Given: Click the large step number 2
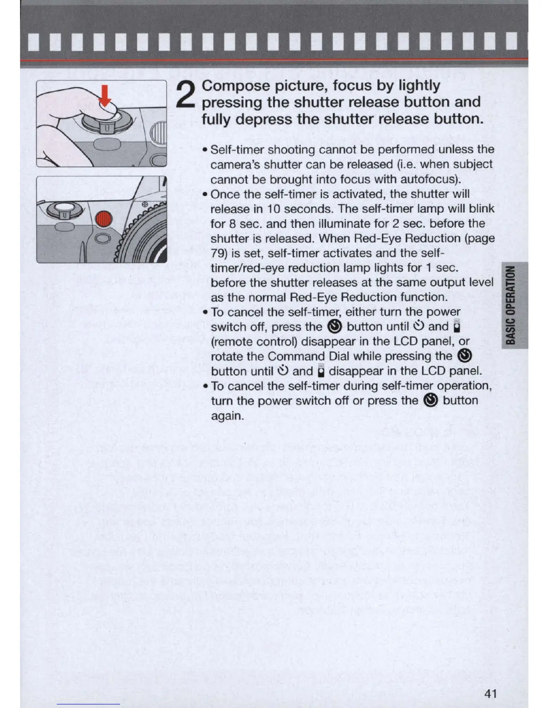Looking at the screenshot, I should coord(187,96).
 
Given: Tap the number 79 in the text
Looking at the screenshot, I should coord(219,253).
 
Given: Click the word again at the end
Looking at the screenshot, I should coord(227,416).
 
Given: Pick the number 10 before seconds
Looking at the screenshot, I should coord(273,209).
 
